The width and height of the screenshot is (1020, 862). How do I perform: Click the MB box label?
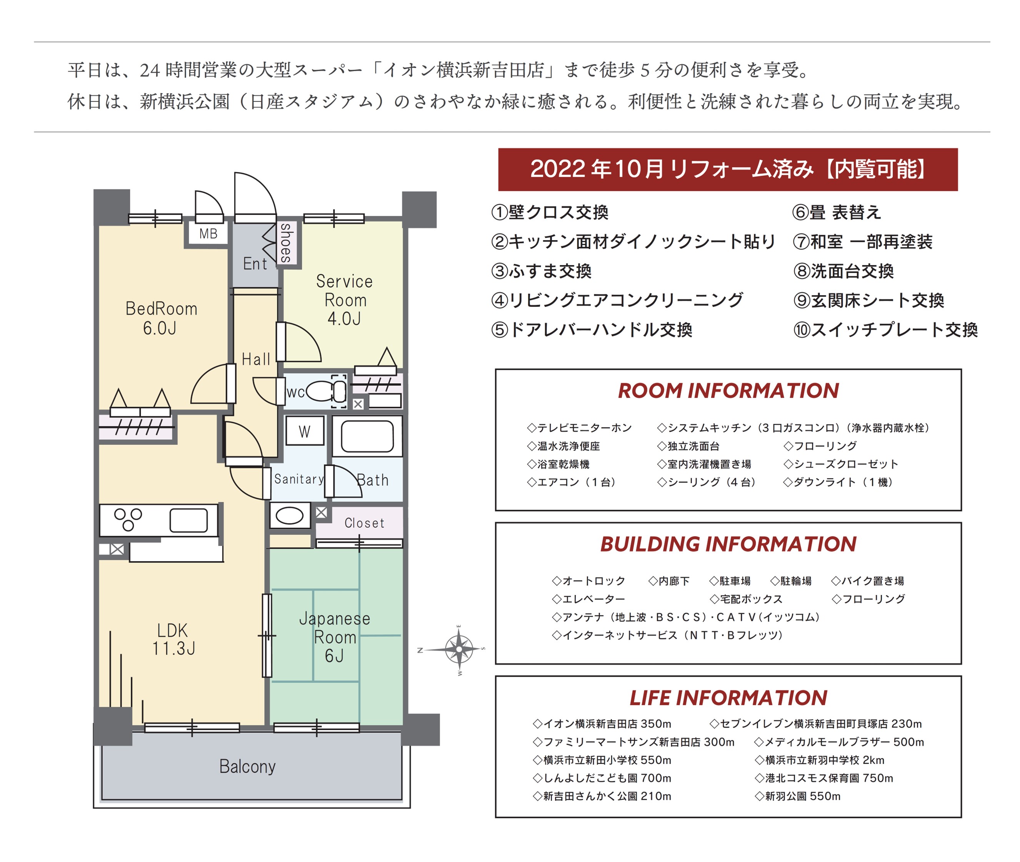click(208, 234)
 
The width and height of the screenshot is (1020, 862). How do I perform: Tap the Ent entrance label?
click(255, 264)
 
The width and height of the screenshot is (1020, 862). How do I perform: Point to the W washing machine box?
click(305, 431)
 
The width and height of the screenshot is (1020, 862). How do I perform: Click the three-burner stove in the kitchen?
click(128, 519)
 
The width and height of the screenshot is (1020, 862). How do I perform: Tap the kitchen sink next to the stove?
click(188, 520)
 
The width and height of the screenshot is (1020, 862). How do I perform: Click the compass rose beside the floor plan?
click(459, 649)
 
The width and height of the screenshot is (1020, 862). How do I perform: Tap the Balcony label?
click(247, 766)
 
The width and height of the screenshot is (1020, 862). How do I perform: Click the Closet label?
click(364, 523)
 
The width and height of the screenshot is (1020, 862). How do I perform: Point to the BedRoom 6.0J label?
click(161, 318)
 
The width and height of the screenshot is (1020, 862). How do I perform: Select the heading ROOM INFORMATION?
click(728, 391)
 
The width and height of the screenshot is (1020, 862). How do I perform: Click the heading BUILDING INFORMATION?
click(728, 544)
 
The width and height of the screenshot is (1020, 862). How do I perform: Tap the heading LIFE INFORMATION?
click(728, 698)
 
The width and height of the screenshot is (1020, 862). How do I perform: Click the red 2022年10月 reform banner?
click(728, 169)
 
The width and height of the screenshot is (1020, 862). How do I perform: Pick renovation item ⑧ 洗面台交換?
click(843, 271)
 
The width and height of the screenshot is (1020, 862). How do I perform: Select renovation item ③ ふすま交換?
click(541, 271)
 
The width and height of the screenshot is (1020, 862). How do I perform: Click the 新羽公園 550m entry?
click(798, 796)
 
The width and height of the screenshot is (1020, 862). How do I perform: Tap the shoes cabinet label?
click(286, 243)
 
